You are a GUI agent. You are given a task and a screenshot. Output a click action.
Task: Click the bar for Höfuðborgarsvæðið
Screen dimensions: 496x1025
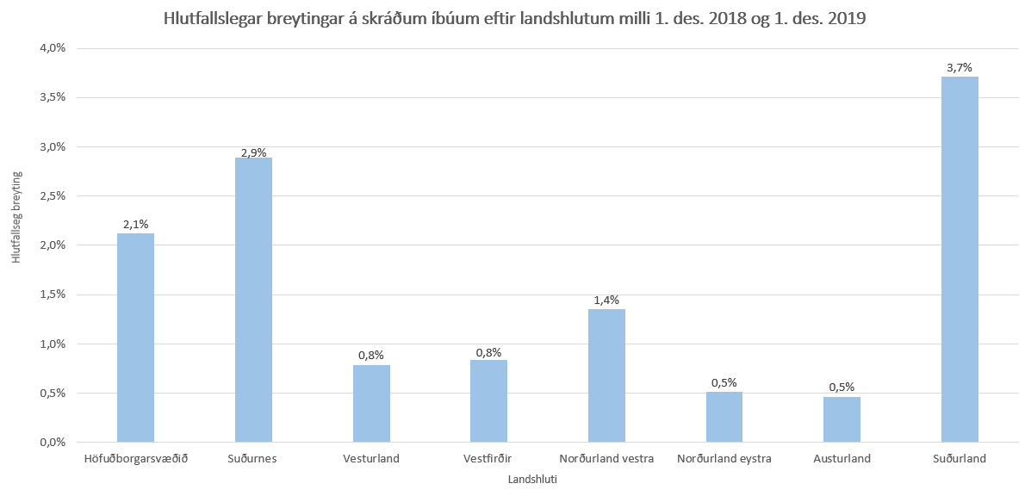[x=135, y=338]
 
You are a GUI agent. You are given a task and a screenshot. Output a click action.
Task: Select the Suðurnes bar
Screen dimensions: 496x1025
[x=253, y=300]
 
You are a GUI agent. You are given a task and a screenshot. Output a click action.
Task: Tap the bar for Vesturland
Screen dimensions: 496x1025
[x=371, y=403]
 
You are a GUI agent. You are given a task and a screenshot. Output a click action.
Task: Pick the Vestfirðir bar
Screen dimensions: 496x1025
[x=488, y=400]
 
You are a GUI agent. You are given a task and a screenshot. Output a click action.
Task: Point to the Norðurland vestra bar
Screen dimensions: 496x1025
[x=606, y=375]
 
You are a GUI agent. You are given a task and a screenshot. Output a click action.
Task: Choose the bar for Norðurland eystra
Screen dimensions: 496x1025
[x=724, y=417]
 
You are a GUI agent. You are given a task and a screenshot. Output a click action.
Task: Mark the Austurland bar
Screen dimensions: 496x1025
[x=842, y=419]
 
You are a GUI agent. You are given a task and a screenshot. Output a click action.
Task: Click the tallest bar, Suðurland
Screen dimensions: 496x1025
[x=960, y=259]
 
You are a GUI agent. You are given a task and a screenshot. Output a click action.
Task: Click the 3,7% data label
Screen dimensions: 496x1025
[x=960, y=67]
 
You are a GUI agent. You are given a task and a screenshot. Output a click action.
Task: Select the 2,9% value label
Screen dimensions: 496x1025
[x=253, y=152]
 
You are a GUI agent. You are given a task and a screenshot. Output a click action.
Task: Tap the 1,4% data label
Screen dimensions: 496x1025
[x=606, y=300]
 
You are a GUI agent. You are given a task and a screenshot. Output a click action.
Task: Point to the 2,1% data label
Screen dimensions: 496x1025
[x=135, y=224]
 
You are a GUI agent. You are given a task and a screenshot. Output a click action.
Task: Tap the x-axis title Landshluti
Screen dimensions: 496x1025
[x=532, y=480]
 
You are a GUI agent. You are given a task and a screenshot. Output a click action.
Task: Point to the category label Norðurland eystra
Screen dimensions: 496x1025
[x=724, y=459]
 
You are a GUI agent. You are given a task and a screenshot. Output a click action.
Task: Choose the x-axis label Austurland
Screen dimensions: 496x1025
[x=842, y=459]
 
